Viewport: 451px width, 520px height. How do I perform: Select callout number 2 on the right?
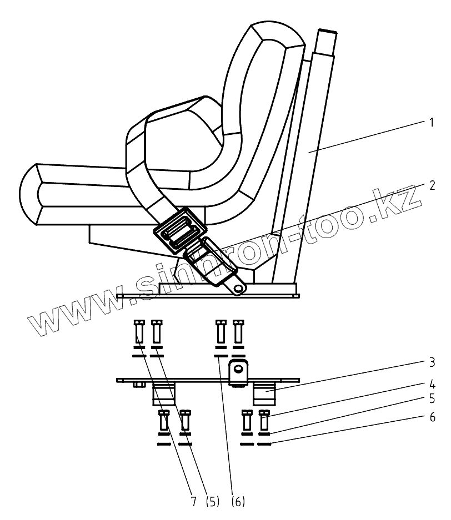click(431, 185)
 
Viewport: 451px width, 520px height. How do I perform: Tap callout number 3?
click(431, 364)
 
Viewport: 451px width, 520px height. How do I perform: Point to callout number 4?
click(431, 384)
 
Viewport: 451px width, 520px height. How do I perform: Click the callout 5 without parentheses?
click(431, 398)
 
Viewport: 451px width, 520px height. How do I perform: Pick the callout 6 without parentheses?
click(431, 417)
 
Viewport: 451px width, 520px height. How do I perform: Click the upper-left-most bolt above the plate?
click(139, 332)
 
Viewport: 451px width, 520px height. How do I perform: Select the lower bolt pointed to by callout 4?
click(264, 420)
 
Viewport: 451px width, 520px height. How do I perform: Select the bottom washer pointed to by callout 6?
click(264, 445)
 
